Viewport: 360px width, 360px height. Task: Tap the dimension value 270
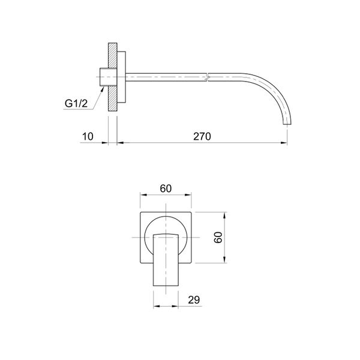(202, 137)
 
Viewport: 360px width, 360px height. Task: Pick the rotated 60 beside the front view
(219, 237)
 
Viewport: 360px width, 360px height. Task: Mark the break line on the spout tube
(207, 76)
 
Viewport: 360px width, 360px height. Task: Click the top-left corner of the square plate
(140, 212)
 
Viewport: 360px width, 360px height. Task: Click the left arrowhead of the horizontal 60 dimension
(142, 194)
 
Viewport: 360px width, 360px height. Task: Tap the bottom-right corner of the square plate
(192, 263)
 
